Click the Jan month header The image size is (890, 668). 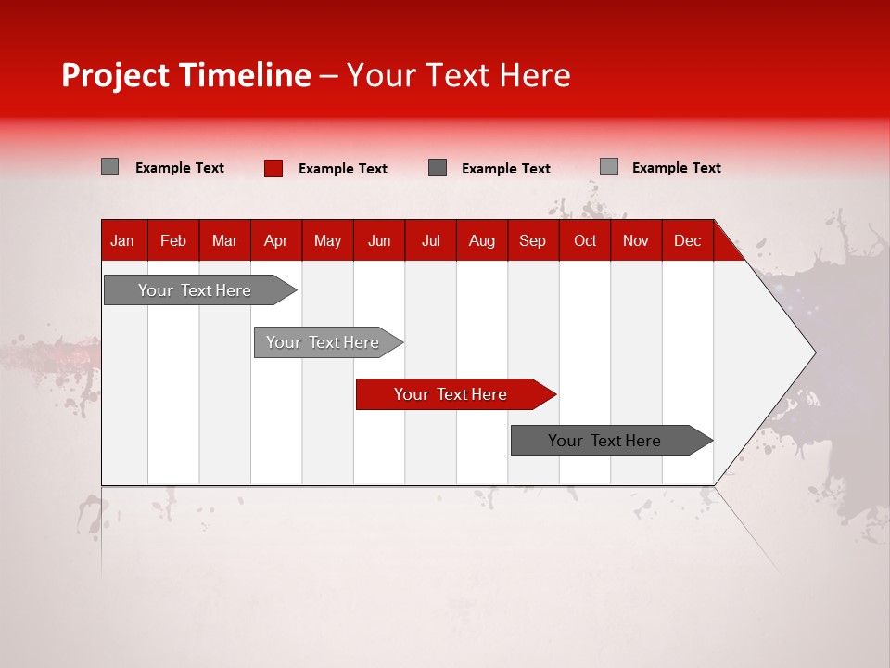coord(122,241)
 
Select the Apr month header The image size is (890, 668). coord(275,241)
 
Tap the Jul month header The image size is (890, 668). coord(430,241)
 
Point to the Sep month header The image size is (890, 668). coord(532,241)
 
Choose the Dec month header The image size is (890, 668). coord(687,241)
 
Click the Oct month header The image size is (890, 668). coord(584,241)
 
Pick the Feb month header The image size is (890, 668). coord(173,241)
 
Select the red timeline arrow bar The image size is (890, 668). coord(454,394)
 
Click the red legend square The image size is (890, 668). coord(273,168)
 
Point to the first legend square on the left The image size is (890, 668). coord(110,167)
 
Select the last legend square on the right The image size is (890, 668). coord(609,167)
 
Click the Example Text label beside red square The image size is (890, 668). coord(342,169)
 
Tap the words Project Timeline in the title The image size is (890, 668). coord(185,75)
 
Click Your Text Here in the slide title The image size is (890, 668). coord(458,75)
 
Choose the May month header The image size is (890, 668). coord(327,241)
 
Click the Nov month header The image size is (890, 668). coord(635,241)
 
